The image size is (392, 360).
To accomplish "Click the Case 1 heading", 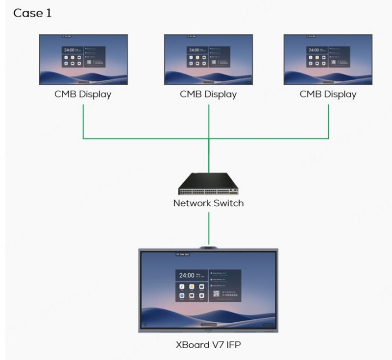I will tap(32, 13).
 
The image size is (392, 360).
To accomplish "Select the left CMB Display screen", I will tap(83, 59).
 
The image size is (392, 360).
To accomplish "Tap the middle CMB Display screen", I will tap(208, 59).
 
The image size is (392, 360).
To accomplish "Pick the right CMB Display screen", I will tap(328, 59).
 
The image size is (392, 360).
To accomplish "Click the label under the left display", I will tap(83, 94).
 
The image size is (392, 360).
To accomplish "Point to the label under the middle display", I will tap(208, 94).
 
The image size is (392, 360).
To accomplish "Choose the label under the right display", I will tap(328, 94).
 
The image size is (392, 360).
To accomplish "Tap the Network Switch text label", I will tap(208, 203).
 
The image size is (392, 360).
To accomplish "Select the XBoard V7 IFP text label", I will tap(208, 345).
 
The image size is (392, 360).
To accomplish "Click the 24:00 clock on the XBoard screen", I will tap(187, 276).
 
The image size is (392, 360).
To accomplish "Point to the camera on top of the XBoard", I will tap(208, 248).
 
